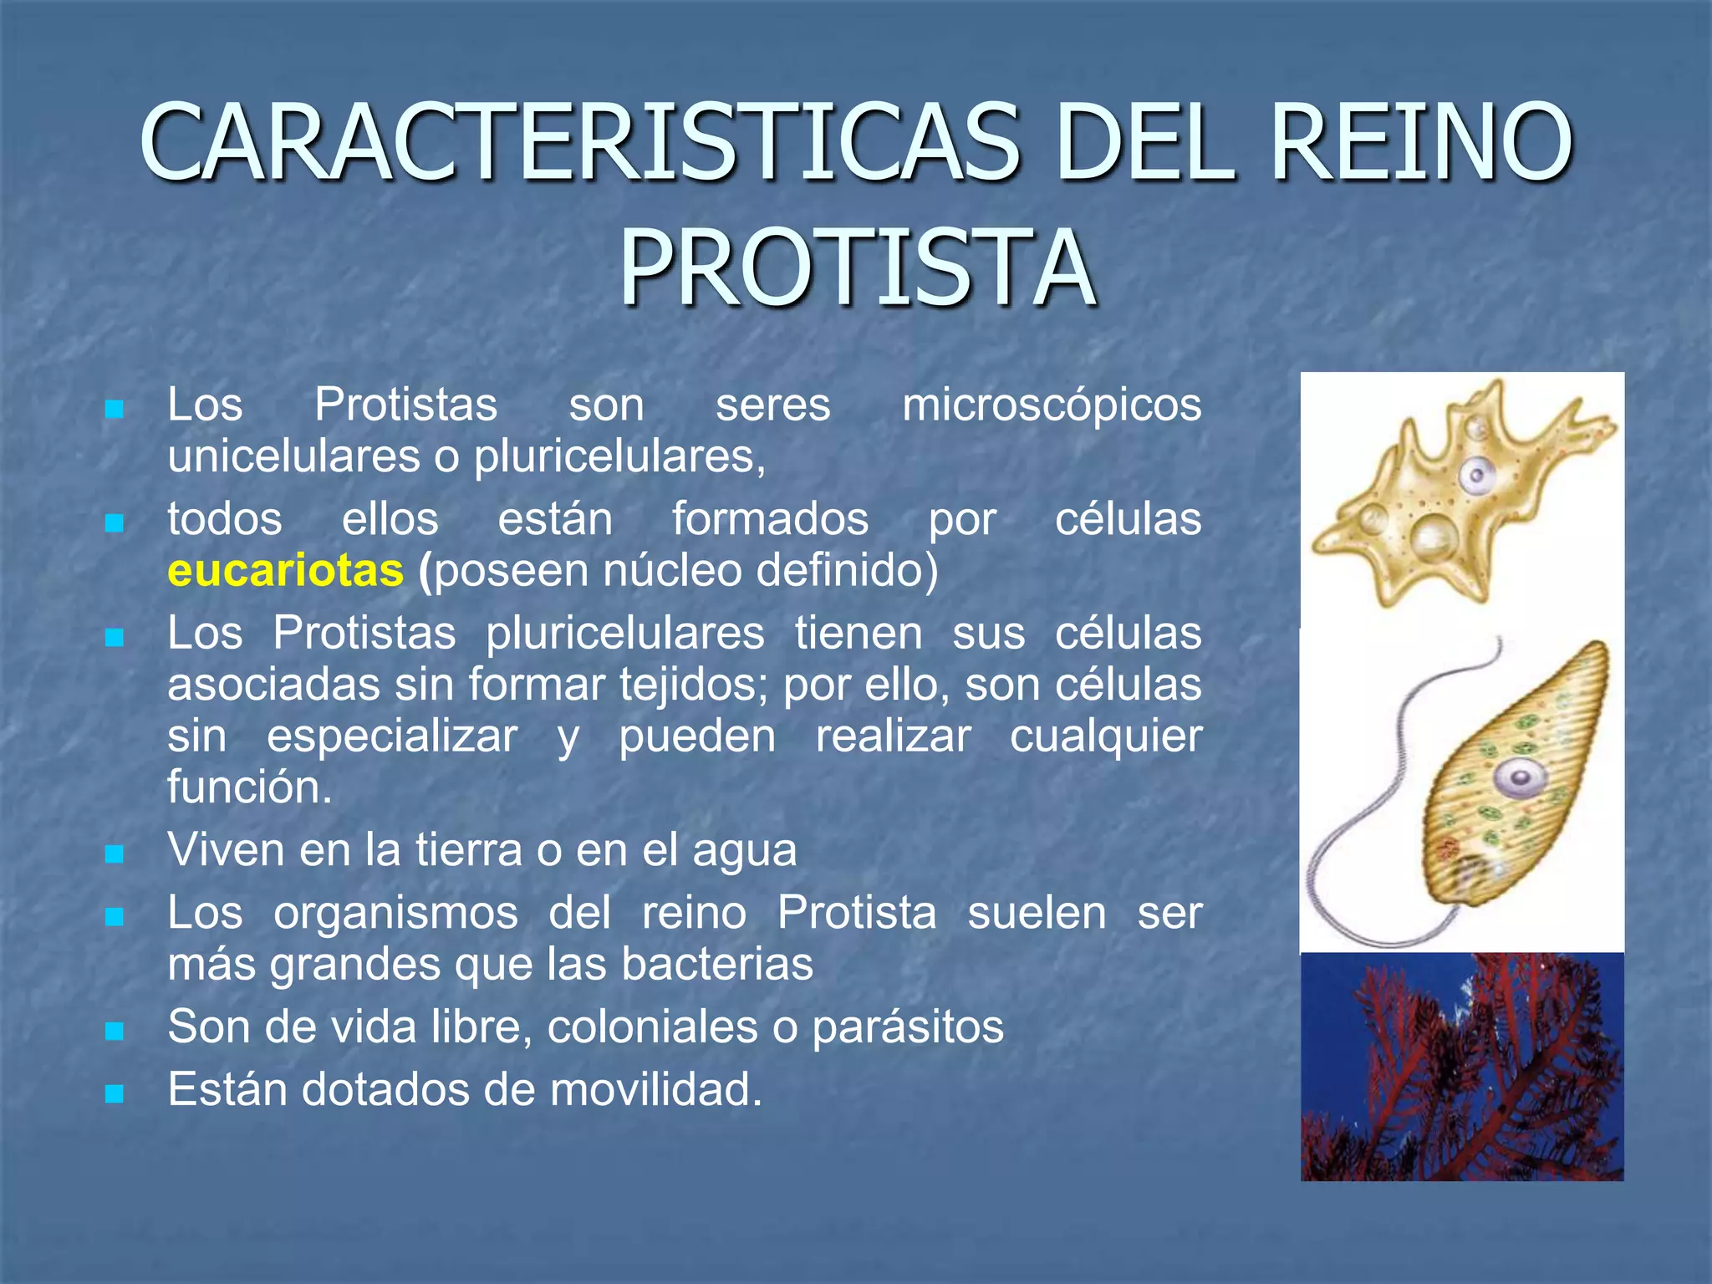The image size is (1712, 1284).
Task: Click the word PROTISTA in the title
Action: point(857,269)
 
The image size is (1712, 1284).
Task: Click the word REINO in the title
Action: point(1421,142)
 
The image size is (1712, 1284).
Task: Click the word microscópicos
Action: point(1052,406)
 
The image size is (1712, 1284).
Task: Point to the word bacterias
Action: point(717,965)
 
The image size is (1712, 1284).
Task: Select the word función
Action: point(249,787)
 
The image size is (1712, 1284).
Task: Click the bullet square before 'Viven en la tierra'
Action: point(115,854)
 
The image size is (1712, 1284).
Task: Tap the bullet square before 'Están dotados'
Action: point(115,1093)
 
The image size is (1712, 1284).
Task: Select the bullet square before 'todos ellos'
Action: point(115,523)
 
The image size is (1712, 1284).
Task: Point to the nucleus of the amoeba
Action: point(1477,477)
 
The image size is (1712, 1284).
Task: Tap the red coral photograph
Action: point(1461,1067)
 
